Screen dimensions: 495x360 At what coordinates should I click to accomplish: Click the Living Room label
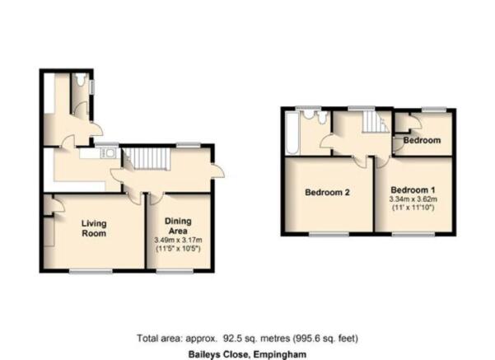tap(94, 228)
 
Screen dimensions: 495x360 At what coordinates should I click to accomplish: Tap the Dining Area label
tap(178, 226)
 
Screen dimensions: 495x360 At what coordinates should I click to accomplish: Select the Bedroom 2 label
tap(327, 192)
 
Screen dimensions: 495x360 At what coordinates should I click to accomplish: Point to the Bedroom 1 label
tap(413, 190)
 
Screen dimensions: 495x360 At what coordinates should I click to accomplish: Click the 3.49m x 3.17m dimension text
tap(178, 240)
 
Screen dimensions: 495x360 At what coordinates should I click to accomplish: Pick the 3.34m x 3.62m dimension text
tap(413, 199)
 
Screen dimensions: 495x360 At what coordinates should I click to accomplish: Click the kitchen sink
tap(108, 153)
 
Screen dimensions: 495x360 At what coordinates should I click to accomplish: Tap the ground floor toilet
tap(82, 79)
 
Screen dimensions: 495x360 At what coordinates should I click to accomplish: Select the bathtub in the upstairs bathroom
tap(292, 133)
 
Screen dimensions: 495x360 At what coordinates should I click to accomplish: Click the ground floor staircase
tap(147, 159)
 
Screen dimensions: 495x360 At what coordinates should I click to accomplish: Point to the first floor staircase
tap(375, 122)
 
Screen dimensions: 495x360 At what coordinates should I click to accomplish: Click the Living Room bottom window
tap(91, 271)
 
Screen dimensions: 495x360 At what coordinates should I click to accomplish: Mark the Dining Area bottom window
tap(175, 271)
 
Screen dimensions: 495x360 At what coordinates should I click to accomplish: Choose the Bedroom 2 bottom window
tap(329, 234)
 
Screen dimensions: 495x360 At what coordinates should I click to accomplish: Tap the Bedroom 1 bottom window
tap(413, 234)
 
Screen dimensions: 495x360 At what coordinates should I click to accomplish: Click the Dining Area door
tap(156, 199)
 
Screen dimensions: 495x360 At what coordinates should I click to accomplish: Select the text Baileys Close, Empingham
tap(247, 354)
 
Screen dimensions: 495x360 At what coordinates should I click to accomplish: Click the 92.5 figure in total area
tap(231, 339)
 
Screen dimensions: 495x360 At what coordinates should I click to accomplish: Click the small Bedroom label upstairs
tap(422, 140)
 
